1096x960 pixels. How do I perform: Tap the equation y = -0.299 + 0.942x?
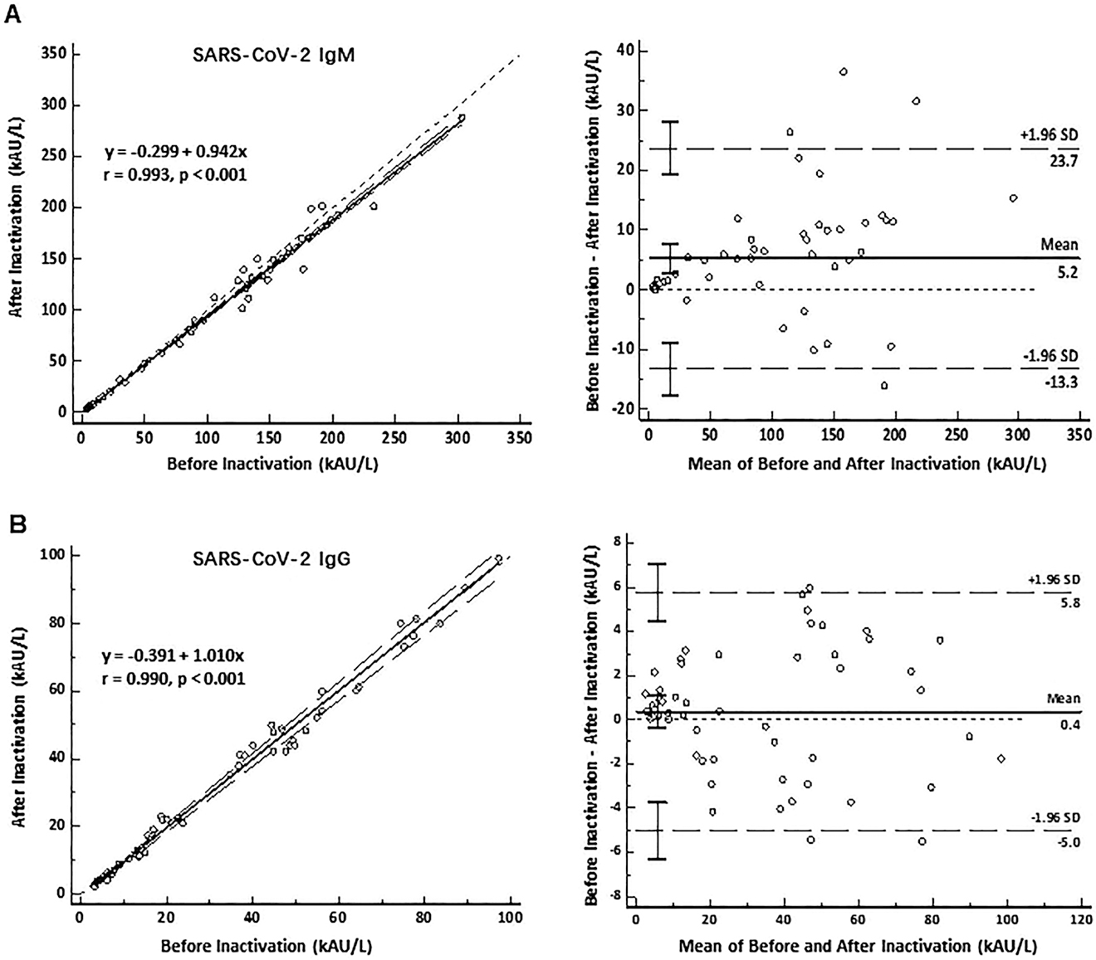175,153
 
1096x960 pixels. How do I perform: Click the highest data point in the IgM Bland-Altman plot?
843,72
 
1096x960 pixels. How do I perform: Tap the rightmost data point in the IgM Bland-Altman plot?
1013,198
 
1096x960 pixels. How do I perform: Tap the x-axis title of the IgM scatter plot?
272,464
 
